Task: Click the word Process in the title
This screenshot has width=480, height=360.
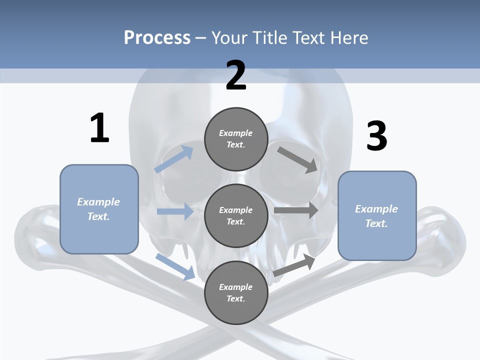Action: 157,37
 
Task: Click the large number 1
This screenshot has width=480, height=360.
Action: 99,128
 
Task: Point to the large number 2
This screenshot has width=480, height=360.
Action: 236,75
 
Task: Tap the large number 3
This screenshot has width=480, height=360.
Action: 376,136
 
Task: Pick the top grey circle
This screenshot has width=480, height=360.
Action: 236,139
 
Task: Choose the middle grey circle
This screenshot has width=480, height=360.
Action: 236,215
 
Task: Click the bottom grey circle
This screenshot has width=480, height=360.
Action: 236,292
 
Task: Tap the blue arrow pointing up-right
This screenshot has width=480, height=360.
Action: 174,159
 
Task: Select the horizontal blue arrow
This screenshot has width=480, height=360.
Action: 175,211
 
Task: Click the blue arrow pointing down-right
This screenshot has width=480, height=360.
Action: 175,266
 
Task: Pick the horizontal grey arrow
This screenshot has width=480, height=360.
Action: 296,210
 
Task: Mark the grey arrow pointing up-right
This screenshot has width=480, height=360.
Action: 294,265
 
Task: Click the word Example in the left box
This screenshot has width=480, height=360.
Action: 98,202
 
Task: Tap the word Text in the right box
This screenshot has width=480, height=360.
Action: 375,223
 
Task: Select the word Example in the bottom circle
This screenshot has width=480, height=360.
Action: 235,287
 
